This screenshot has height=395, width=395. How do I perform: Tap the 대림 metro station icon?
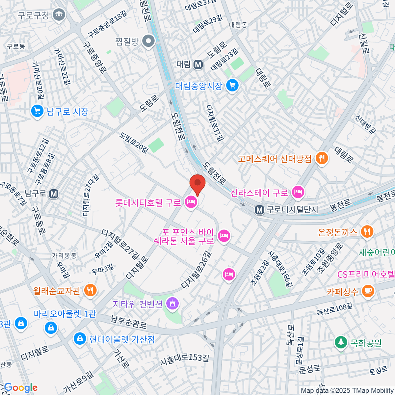(198, 64)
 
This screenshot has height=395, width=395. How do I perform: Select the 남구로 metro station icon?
(53, 194)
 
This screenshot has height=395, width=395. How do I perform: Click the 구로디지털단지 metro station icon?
(259, 210)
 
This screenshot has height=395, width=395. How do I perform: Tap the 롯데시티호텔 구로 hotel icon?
(191, 202)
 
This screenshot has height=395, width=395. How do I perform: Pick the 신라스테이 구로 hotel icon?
(298, 192)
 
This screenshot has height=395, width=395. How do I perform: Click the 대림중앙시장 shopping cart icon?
(232, 86)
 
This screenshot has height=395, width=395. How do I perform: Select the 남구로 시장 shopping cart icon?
(37, 111)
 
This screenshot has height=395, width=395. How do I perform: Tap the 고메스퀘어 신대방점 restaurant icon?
(321, 159)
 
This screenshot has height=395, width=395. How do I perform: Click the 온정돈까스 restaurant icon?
(367, 232)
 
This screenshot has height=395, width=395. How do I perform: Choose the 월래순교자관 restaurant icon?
(90, 290)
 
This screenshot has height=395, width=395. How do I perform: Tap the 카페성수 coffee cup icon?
(368, 291)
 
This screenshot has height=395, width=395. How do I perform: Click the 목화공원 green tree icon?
(341, 342)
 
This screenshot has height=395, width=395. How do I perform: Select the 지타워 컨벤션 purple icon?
(172, 303)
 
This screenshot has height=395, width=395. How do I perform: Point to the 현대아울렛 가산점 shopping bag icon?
(79, 338)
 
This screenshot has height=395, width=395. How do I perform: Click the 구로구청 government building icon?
(60, 15)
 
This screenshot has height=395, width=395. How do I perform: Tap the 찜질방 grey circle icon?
(149, 41)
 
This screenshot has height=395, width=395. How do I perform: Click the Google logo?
(20, 388)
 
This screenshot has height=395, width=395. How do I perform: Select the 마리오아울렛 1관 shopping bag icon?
(51, 328)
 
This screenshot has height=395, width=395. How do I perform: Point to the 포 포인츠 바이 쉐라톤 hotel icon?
(224, 236)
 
